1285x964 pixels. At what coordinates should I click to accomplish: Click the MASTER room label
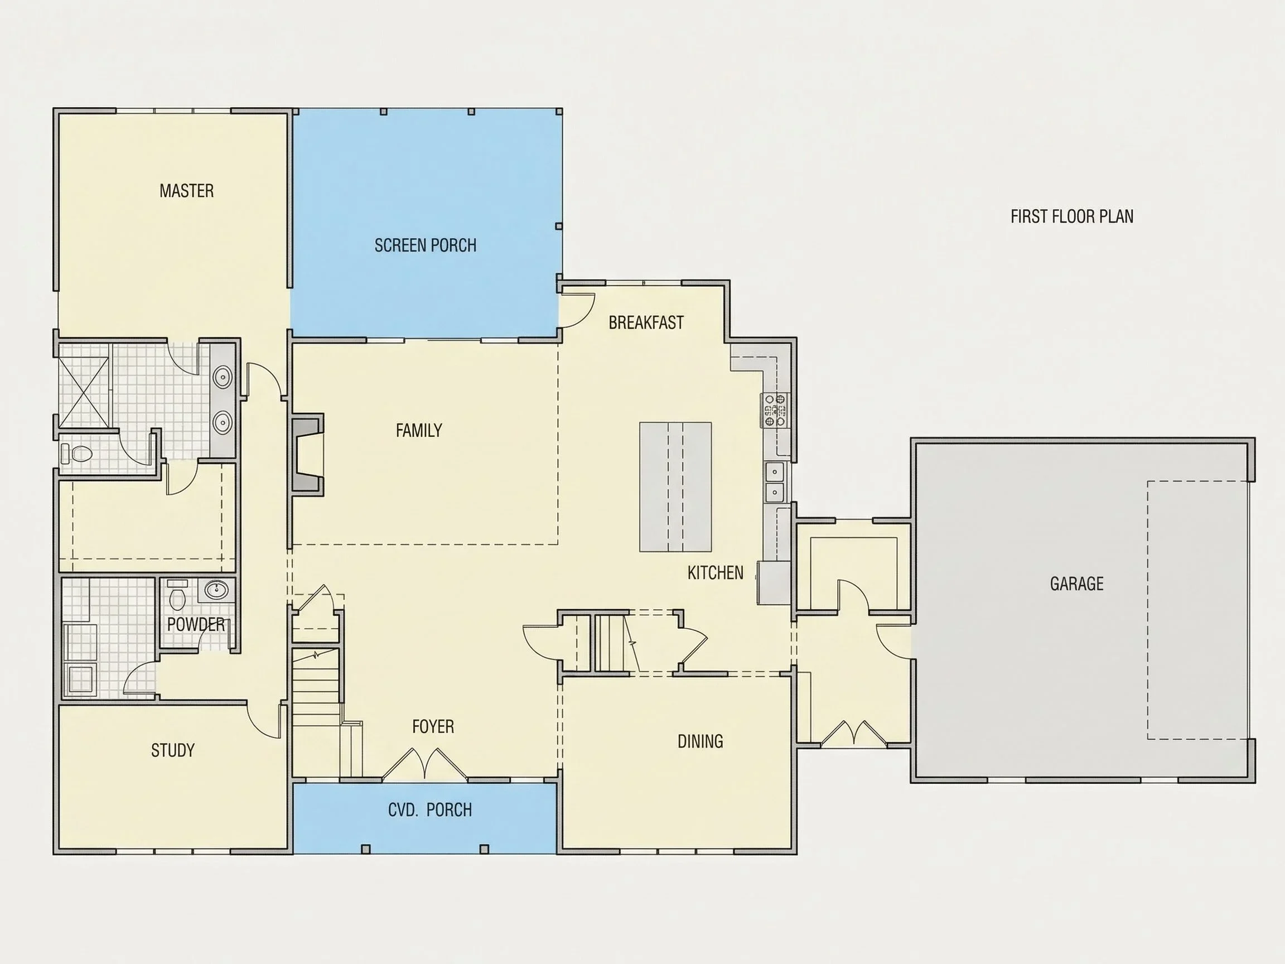(186, 191)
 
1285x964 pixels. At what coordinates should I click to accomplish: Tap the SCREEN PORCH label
(425, 245)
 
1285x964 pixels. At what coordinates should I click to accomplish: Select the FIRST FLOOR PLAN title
(1072, 216)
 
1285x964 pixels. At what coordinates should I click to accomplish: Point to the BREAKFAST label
(646, 322)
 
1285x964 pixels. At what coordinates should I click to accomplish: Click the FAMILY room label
(419, 430)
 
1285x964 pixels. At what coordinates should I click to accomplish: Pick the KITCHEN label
(715, 572)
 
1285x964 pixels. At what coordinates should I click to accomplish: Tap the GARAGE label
(1076, 584)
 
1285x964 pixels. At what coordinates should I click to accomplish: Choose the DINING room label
(700, 741)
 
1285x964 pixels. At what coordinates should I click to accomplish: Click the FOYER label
(433, 726)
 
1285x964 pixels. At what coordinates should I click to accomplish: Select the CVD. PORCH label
(430, 809)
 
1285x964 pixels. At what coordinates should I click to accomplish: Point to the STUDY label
(172, 750)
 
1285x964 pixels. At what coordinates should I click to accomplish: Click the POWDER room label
(196, 624)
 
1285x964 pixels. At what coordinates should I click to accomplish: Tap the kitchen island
(675, 486)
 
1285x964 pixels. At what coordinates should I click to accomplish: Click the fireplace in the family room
(307, 455)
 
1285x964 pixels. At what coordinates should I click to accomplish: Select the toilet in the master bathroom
(76, 453)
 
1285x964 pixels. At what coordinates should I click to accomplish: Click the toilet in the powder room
(176, 593)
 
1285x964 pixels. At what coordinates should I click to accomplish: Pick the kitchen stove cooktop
(775, 410)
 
